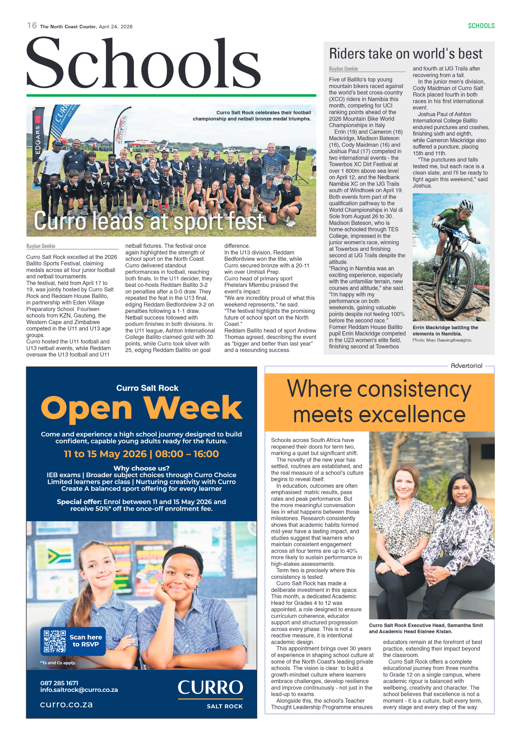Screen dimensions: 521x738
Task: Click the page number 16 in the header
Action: tap(32, 26)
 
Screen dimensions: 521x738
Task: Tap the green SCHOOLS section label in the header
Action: tap(481, 26)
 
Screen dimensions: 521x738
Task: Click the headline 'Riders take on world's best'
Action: tap(405, 54)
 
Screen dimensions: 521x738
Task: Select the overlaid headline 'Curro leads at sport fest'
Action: tap(149, 221)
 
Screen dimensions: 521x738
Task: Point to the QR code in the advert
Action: tap(55, 641)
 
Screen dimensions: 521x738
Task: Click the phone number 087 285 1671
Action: tap(59, 683)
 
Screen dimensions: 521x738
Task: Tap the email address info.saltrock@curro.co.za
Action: tap(79, 690)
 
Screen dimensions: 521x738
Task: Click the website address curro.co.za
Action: tap(66, 704)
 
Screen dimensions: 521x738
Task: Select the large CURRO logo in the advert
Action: tap(210, 687)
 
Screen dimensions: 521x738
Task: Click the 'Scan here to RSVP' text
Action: tap(86, 641)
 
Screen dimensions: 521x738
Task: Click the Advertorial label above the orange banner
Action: tap(466, 366)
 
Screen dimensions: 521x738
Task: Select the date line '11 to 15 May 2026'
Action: tap(105, 454)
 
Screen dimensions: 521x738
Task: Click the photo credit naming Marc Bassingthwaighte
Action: tap(442, 340)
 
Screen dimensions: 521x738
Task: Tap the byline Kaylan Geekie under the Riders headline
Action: tap(343, 69)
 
